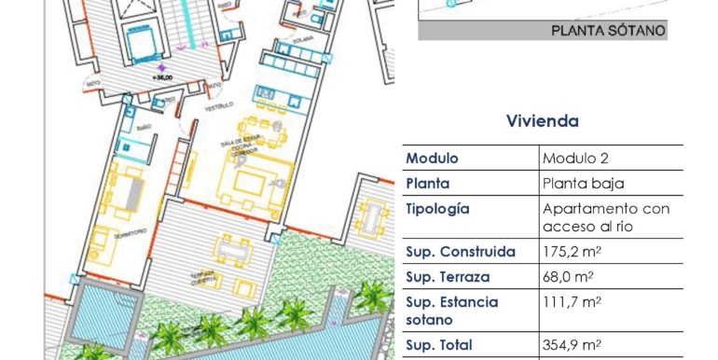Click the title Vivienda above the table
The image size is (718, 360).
(542, 121)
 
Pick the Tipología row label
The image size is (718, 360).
(438, 209)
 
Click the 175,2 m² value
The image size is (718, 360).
(572, 252)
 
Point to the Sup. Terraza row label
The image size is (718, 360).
(448, 277)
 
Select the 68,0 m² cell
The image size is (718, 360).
(568, 277)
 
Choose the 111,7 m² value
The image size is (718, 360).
(572, 302)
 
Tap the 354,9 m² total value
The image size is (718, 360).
(572, 343)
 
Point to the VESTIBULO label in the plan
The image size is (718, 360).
(218, 106)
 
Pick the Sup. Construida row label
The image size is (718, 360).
(460, 252)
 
